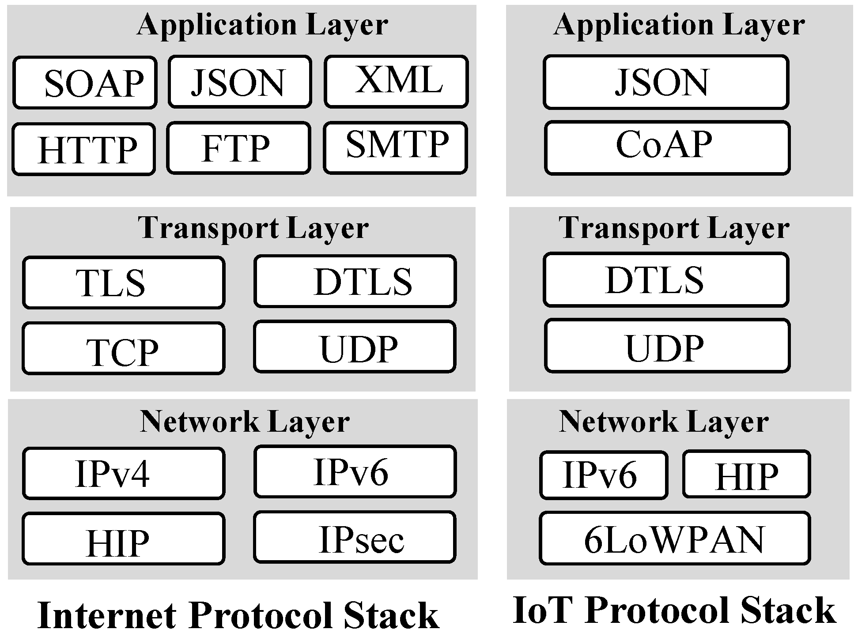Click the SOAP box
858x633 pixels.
(85, 83)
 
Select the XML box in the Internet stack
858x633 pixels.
(396, 82)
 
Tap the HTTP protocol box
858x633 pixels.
(84, 149)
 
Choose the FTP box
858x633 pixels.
(239, 148)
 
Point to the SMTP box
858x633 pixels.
(395, 147)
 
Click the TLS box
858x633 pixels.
(124, 283)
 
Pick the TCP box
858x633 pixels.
(124, 349)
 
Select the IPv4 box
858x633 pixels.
(124, 473)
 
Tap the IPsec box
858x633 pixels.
(355, 537)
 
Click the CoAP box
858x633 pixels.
(667, 148)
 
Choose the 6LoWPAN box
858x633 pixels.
(675, 538)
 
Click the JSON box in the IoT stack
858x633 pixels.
(666, 82)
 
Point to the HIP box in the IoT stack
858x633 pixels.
(746, 475)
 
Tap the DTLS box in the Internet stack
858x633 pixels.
(355, 281)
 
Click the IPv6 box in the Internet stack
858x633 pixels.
(355, 472)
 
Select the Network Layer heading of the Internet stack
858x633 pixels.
(245, 421)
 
